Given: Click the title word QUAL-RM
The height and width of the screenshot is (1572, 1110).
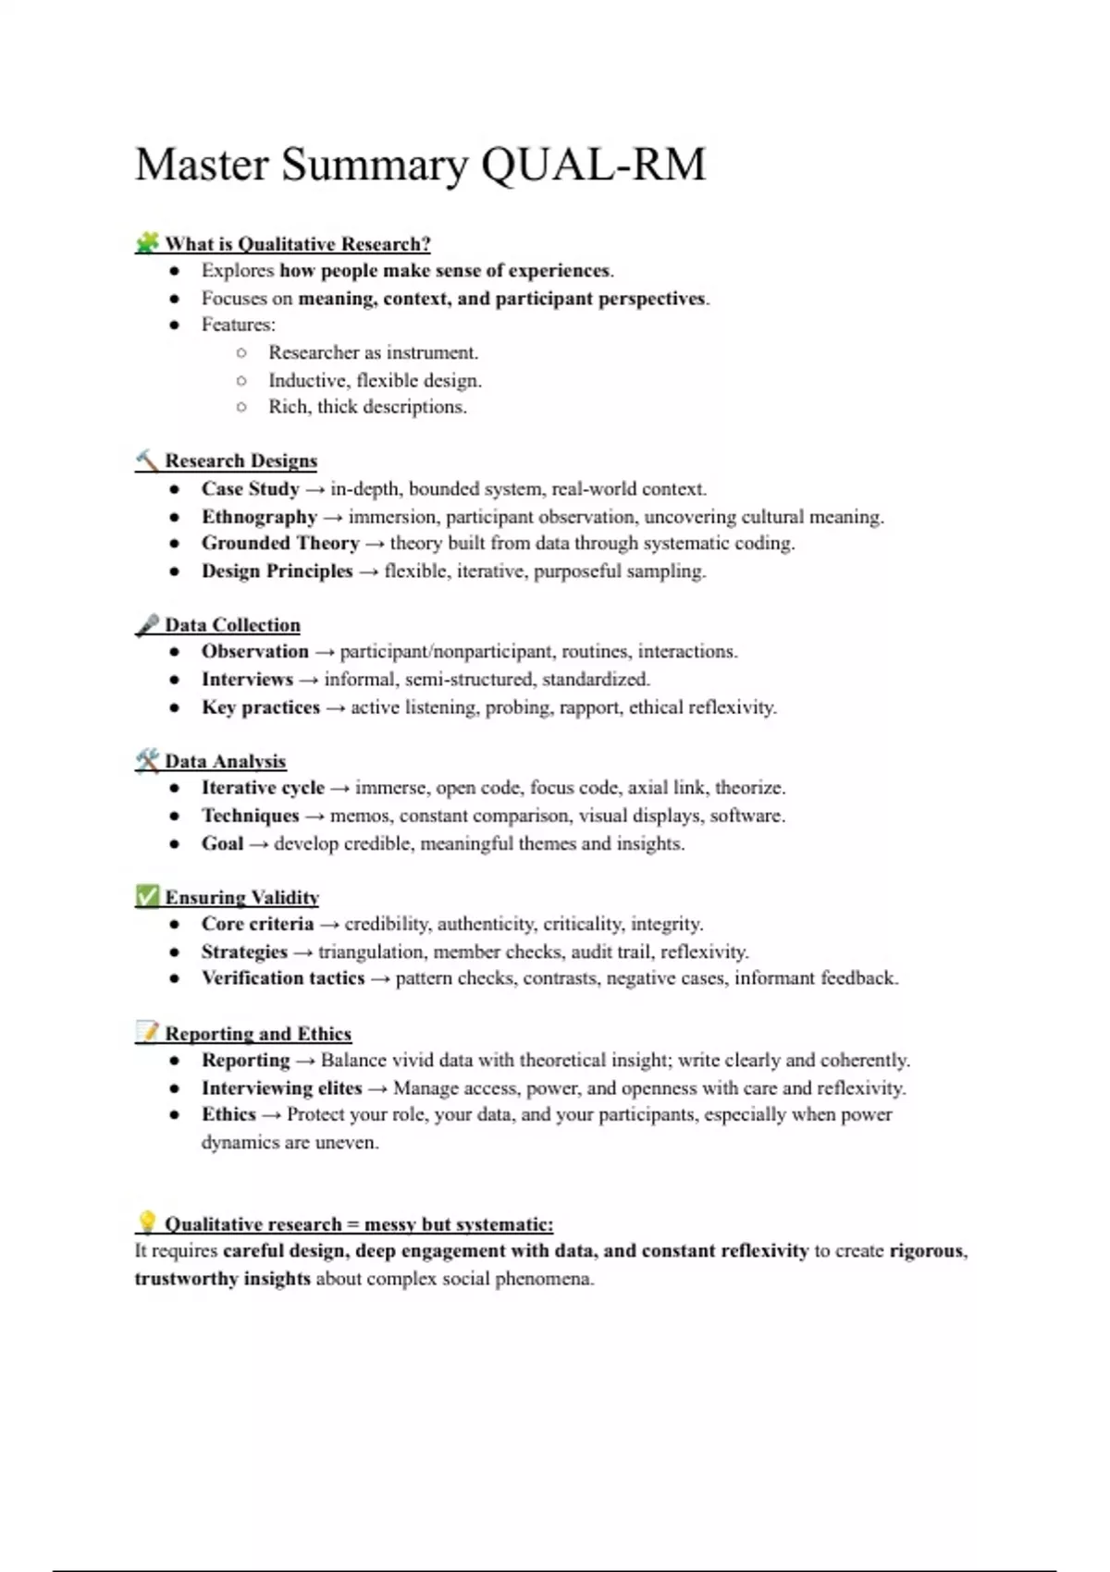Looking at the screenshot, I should point(593,165).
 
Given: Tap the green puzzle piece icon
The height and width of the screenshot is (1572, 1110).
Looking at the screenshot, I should point(147,243).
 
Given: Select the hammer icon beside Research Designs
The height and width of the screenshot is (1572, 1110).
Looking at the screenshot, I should point(147,460).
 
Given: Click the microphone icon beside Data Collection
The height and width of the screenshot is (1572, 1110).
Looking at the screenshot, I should point(147,625).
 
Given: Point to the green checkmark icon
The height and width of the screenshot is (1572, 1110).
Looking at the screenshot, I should point(147,896).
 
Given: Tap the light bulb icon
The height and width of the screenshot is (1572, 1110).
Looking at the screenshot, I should point(147,1222).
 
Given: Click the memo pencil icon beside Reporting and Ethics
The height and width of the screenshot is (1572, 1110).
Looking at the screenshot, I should point(147,1032).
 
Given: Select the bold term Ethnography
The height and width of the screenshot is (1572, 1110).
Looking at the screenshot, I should point(259,516).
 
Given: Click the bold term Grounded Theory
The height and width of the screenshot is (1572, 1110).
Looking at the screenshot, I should point(280,543).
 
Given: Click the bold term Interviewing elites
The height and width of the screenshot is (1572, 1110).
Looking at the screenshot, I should point(281,1087).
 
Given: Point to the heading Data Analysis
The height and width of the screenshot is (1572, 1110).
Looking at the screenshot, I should point(225,761).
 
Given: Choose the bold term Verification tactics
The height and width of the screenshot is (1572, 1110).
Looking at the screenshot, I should point(283,978).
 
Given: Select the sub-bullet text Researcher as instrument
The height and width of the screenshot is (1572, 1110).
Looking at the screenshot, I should point(373,352).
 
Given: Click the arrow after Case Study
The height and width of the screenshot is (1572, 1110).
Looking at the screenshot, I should point(314,489).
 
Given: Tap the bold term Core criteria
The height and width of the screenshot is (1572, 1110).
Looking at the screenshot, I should point(257,924).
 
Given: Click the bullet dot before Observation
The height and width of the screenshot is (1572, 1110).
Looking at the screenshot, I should point(174,652).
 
